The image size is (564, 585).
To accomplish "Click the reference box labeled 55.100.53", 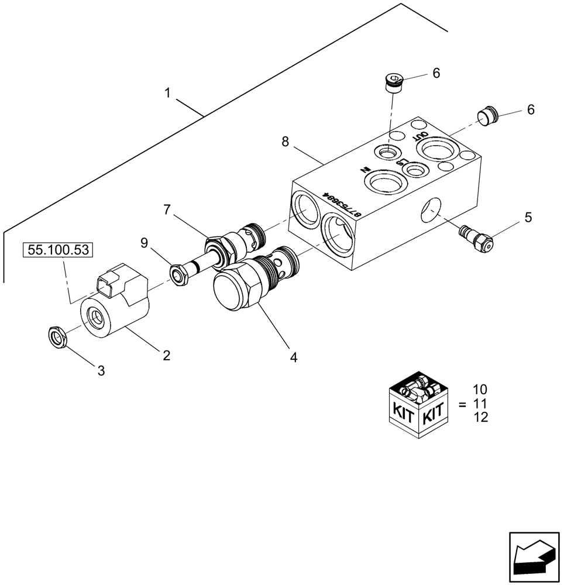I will click(58, 250).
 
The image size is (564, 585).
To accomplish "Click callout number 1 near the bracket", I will click(167, 93).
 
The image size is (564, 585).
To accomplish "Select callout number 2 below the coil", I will click(167, 355).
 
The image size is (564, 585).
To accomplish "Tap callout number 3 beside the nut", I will click(101, 370).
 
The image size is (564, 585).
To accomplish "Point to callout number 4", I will click(294, 357).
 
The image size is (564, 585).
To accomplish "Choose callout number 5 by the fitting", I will click(528, 218).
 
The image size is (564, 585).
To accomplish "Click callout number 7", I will click(167, 209).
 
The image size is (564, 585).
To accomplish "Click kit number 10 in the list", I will click(480, 390).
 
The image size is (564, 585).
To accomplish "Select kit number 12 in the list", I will click(480, 417).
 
